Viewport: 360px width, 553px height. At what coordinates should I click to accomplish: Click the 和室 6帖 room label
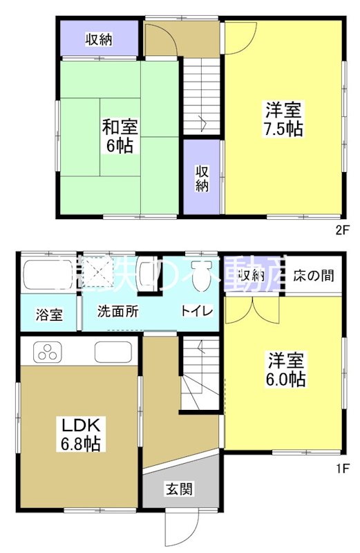[x=120, y=136]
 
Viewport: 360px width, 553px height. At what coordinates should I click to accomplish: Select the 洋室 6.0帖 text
[x=284, y=371]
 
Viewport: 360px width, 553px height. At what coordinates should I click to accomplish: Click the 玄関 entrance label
[x=179, y=489]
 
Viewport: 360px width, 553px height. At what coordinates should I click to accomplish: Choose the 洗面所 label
[x=117, y=311]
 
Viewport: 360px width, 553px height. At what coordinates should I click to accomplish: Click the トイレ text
[x=196, y=311]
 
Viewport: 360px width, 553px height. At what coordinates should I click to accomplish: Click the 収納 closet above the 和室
[x=100, y=39]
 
